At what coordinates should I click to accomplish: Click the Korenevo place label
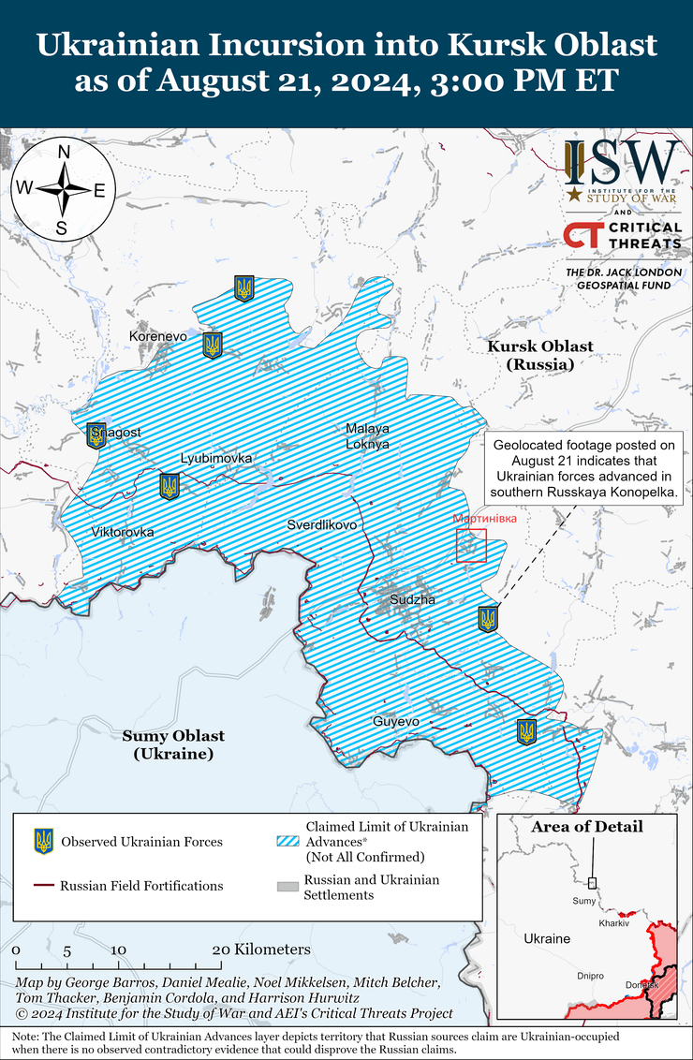158,335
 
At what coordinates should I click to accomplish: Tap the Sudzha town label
413,599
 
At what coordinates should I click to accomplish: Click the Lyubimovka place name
216,458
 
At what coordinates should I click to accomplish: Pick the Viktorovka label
123,532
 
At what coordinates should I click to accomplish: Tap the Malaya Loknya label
367,436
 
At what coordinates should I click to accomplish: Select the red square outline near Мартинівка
472,546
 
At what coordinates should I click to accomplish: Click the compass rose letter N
64,152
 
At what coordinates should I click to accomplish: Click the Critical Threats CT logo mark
581,235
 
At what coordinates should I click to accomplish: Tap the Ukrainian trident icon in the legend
43,841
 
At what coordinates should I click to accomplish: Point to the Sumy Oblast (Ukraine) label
173,744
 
